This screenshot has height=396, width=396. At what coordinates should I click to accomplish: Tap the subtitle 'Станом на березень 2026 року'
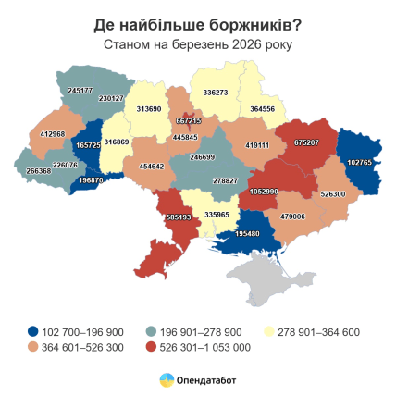coord(197,43)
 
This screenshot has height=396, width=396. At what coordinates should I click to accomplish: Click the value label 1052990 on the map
coord(264,192)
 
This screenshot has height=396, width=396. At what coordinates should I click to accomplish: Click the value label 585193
coord(178,217)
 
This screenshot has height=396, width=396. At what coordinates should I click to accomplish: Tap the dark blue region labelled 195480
coord(248,234)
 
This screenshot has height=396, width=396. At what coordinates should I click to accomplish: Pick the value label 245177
coord(80,91)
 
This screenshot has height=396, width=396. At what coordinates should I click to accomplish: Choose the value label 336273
coord(216,93)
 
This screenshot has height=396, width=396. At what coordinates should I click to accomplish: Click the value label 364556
coord(262,109)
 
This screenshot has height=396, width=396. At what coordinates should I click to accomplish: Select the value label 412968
coord(53,134)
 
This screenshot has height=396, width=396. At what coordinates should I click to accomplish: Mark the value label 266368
coord(39,170)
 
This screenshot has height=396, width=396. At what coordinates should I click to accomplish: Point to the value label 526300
coord(332,194)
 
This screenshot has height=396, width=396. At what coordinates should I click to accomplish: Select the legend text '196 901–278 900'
coord(194,331)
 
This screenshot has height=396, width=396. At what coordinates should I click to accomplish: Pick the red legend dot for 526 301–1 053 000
coord(151,347)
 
